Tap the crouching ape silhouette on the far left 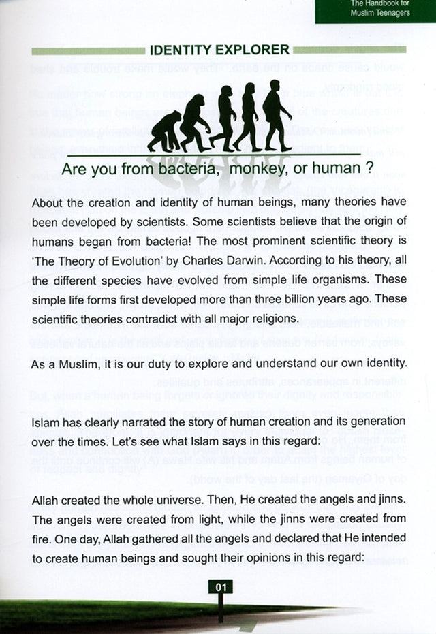pos(164,132)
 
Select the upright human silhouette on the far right pos(276,114)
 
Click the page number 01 pos(222,586)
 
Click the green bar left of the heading pos(88,50)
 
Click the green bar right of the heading pos(349,50)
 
